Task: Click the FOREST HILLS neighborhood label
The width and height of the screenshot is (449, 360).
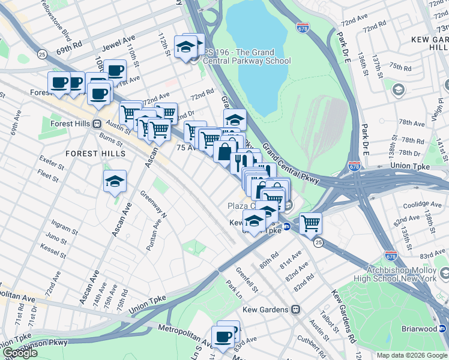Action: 96,154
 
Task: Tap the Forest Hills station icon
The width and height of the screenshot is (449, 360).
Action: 96,123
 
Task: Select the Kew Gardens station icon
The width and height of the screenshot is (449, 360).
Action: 295,310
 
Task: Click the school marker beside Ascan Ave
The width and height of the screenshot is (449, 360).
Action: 114,182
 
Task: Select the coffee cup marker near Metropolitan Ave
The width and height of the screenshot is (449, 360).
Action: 223,338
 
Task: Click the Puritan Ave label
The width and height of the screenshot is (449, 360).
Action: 154,235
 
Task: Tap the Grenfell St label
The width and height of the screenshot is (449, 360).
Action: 246,280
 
